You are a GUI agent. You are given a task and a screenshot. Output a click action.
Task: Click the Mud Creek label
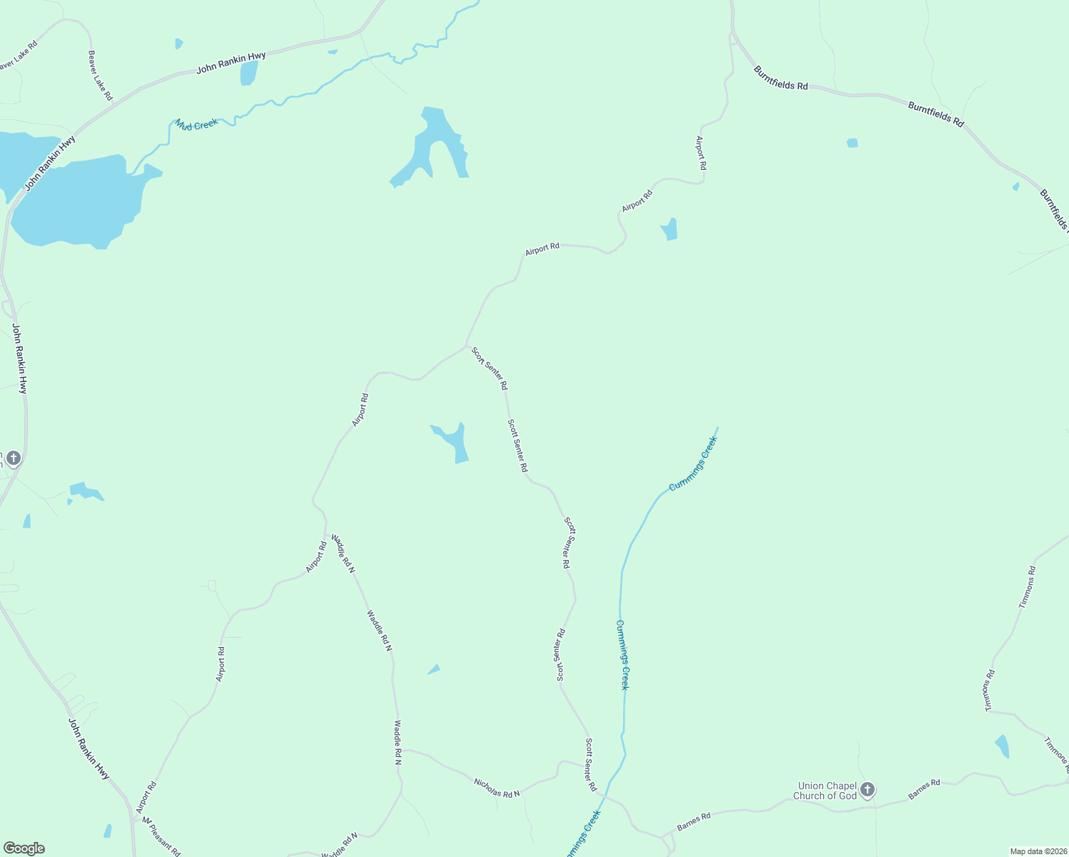click(x=197, y=124)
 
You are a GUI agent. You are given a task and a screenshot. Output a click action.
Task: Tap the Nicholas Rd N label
click(x=497, y=787)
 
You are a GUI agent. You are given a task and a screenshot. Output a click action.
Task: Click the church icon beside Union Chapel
click(x=867, y=790)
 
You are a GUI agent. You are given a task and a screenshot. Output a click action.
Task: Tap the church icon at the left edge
click(x=14, y=457)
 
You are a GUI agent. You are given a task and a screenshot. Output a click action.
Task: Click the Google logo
click(x=24, y=848)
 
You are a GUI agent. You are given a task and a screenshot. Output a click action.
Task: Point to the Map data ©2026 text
click(x=1038, y=851)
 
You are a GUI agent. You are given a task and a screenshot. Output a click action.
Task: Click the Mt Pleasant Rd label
click(x=161, y=836)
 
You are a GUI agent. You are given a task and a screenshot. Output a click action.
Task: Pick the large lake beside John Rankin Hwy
click(x=79, y=200)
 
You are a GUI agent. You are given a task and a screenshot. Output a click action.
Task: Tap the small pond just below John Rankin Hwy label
click(x=249, y=73)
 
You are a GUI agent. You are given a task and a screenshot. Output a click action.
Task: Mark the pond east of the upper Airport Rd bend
click(x=670, y=230)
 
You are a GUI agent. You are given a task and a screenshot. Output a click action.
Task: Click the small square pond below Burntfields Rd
click(x=852, y=143)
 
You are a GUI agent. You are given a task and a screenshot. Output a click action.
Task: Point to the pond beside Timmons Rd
click(x=1002, y=746)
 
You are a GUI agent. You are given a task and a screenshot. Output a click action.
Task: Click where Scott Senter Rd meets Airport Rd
click(x=467, y=347)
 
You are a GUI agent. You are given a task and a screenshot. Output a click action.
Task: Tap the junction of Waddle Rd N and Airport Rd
click(x=327, y=534)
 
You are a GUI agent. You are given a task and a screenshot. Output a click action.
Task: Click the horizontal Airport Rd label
click(x=542, y=249)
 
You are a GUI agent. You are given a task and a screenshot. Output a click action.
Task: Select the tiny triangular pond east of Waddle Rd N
click(x=434, y=669)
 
